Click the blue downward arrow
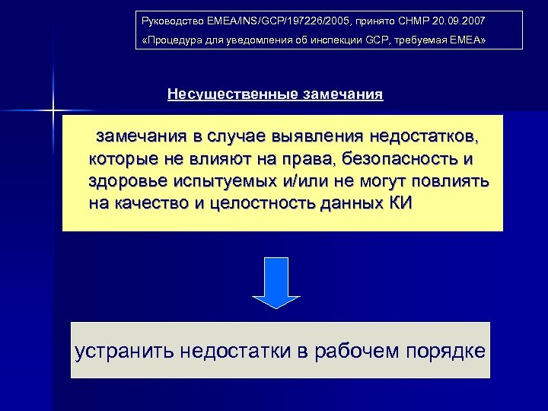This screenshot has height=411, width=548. pyautogui.click(x=276, y=282)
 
